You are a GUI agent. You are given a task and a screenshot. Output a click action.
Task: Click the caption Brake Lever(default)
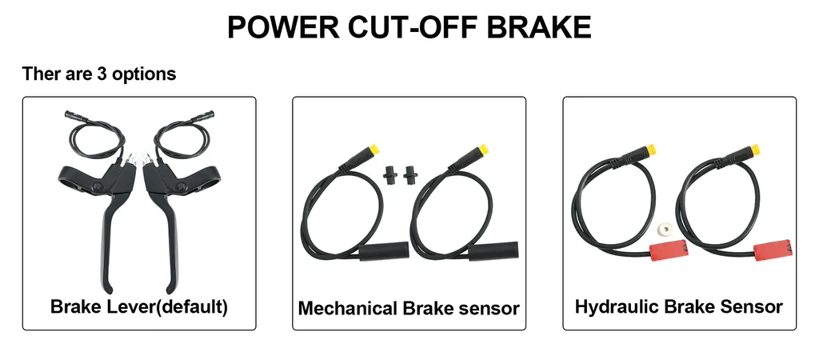point(139,306)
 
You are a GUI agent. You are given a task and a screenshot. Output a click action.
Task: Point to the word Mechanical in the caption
point(348,308)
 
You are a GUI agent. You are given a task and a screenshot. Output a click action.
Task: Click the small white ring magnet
point(664,228)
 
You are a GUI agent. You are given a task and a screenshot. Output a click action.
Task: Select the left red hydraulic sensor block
point(668,248)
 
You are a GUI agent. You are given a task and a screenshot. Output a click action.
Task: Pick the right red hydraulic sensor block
point(773,248)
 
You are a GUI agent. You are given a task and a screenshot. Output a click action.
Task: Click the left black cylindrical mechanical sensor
point(383,251)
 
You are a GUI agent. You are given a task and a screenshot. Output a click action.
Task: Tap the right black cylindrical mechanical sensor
point(493,251)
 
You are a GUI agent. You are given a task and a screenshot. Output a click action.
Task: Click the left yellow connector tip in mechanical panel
point(373,150)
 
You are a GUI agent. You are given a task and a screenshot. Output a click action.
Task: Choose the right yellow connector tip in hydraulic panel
point(755,150)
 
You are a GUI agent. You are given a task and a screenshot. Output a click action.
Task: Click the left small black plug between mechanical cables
point(390,174)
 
